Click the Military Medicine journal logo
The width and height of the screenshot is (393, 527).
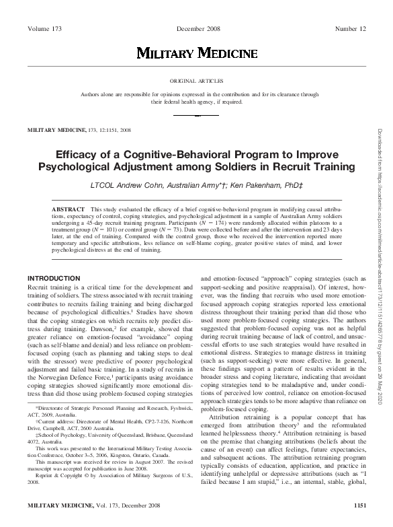197,52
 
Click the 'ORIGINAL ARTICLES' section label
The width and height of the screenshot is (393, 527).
197,79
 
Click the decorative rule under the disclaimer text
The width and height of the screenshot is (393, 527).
197,115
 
